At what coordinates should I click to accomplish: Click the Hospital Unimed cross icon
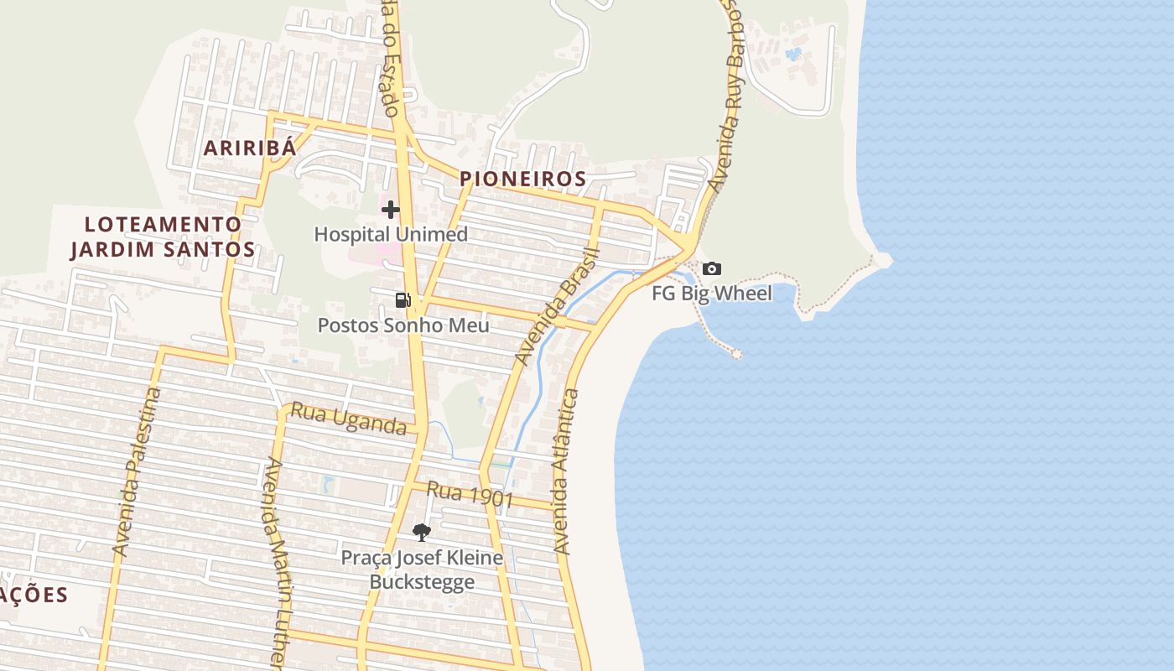coord(391,210)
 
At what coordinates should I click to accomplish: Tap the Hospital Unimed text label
coord(391,234)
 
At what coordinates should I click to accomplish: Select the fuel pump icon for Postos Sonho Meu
coord(403,300)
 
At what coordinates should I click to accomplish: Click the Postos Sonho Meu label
coord(403,325)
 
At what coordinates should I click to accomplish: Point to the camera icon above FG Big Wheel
coord(711,269)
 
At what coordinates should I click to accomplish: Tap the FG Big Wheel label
coord(711,294)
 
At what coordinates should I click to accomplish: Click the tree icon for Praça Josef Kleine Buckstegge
coord(422,532)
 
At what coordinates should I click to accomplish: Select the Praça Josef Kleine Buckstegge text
coord(422,570)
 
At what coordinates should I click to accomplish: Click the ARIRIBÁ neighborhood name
coord(250,148)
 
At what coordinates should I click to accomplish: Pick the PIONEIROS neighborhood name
coord(522,179)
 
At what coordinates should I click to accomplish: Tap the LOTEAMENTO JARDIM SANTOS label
coord(163,237)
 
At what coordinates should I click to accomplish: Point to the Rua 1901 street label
coord(469,494)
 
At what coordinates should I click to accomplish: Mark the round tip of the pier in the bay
coord(737,354)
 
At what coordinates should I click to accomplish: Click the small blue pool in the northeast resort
coord(792,55)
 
